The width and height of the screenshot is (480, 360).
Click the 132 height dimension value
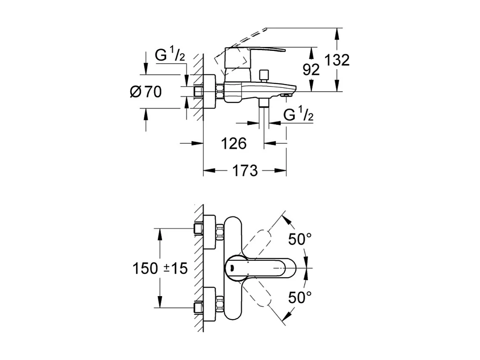click(338, 60)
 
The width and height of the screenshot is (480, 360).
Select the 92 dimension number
click(311, 69)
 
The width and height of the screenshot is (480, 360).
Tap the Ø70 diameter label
click(145, 91)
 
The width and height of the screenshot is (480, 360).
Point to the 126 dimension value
click(234, 143)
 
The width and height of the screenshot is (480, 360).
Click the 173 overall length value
click(245, 170)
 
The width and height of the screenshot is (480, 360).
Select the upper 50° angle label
click(300, 239)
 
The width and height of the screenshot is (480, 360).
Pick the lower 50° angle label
click(300, 297)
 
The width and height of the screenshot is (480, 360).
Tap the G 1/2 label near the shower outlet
click(298, 114)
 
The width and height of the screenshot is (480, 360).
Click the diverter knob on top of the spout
click(264, 76)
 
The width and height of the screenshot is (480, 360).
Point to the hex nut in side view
click(219, 91)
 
